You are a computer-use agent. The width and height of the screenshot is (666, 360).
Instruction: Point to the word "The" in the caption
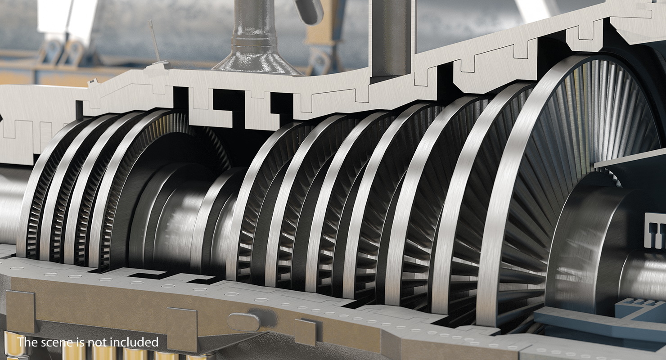[27, 342]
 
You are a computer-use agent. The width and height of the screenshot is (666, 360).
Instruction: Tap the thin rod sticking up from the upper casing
[154, 43]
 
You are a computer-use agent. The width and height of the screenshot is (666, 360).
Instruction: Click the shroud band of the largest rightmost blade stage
[513, 180]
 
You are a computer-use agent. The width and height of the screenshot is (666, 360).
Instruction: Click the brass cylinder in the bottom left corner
[11, 346]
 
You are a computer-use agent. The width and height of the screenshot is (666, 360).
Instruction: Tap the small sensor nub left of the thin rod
[94, 81]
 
